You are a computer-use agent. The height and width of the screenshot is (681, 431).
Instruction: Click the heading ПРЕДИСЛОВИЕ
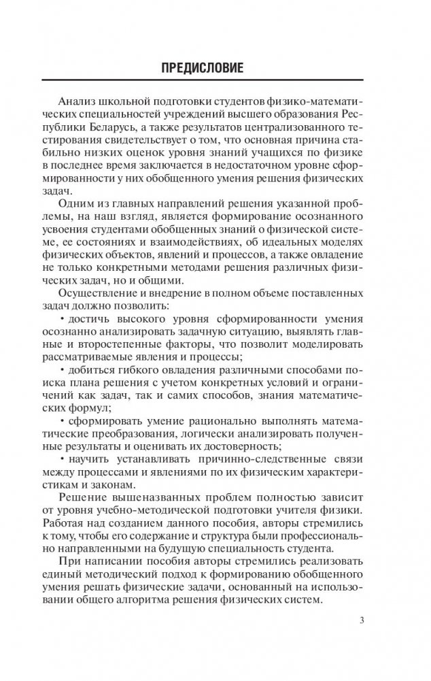(x=215, y=69)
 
